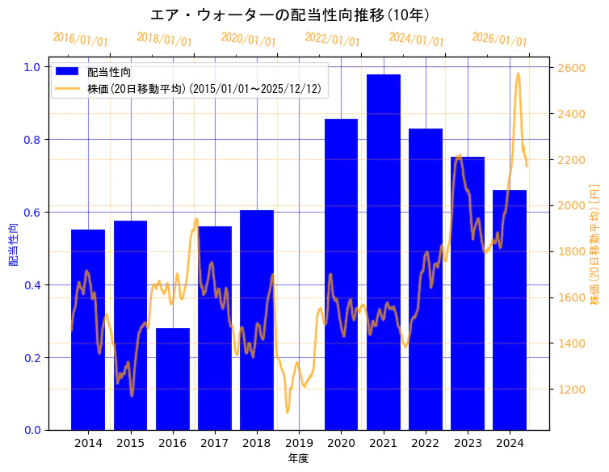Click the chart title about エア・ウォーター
click(290, 15)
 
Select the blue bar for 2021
click(383, 251)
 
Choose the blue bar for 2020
click(341, 274)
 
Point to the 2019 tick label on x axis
click(299, 443)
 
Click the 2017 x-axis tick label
click(215, 443)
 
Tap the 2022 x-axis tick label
click(425, 443)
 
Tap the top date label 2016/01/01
click(80, 40)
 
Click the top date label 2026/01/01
click(499, 40)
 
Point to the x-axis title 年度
click(299, 458)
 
